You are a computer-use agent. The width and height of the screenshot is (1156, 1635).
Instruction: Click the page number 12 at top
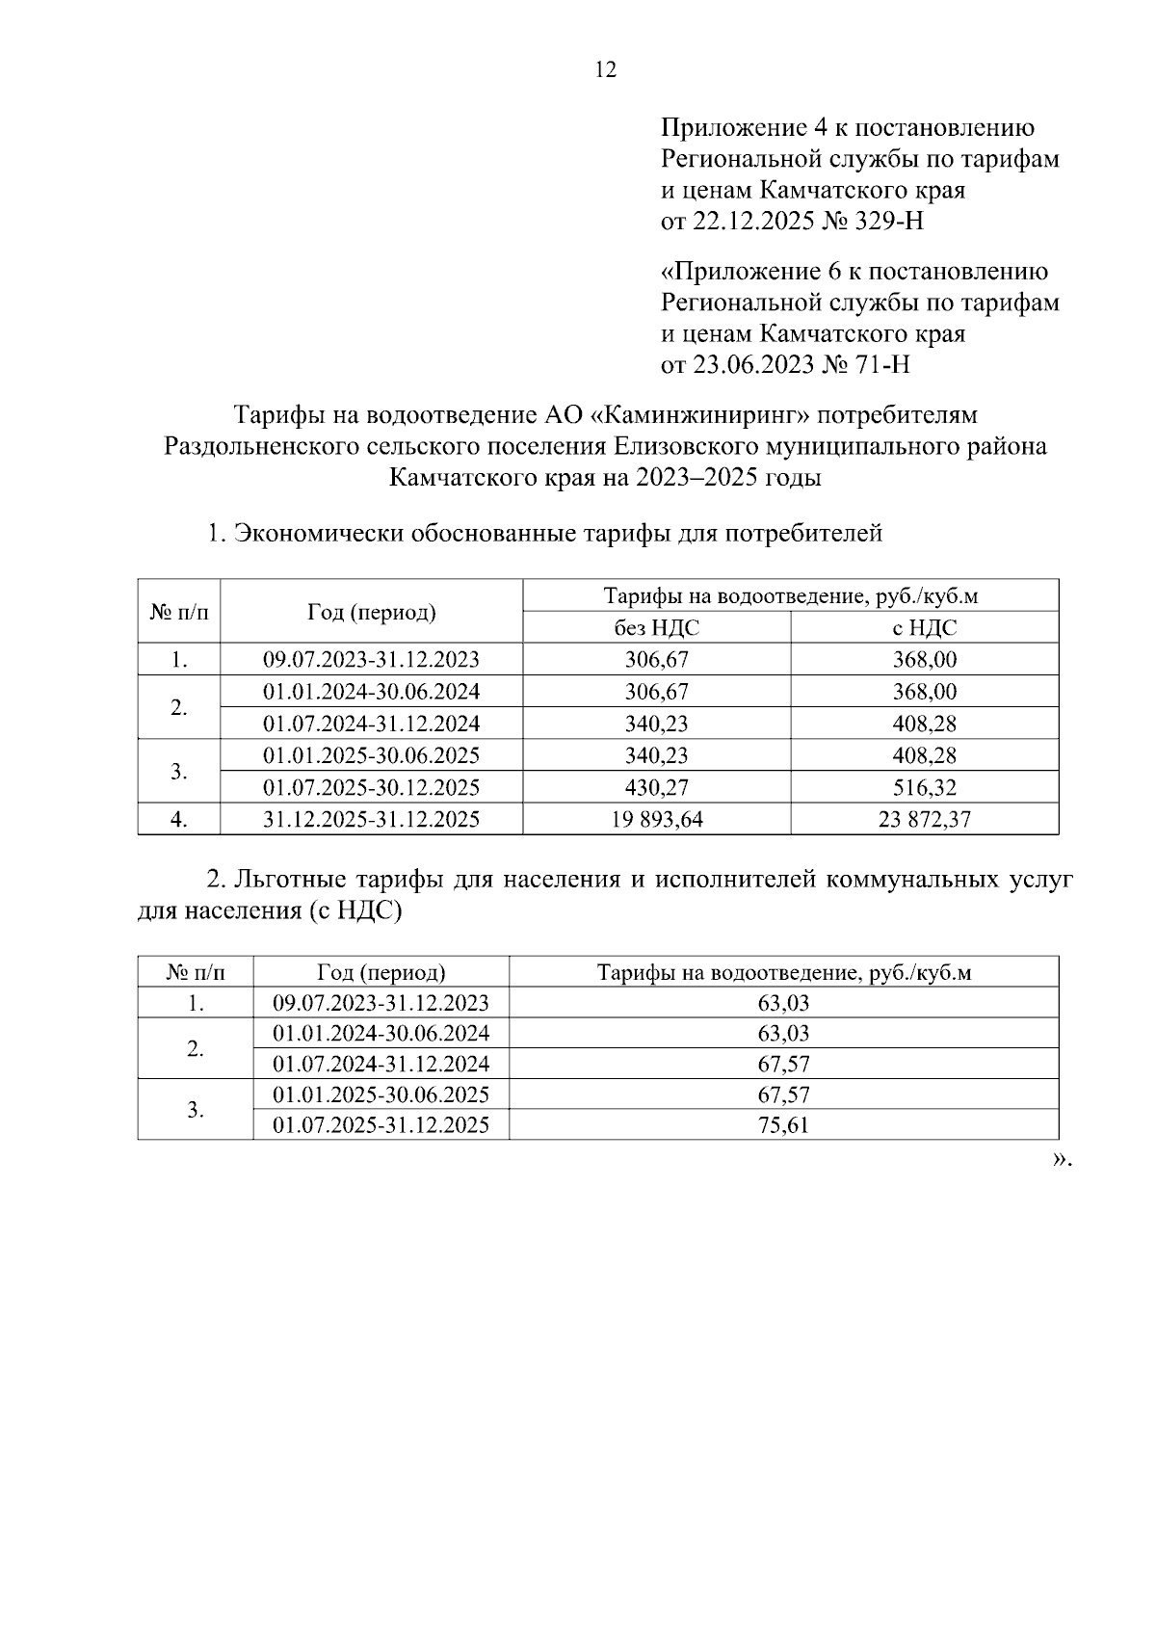606,70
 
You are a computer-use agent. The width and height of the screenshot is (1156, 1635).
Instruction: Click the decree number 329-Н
889,222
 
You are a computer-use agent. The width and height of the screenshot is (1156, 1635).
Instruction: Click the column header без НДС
656,628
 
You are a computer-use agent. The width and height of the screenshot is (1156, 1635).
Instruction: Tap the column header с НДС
924,628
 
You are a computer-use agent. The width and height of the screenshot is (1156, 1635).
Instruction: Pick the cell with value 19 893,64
656,819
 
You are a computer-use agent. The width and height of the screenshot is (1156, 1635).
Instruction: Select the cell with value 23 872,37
924,819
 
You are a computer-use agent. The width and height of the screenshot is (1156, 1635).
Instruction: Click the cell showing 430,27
656,787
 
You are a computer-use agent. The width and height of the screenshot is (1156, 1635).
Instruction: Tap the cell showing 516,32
924,787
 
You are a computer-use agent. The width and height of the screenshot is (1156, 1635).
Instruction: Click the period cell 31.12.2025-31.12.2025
371,819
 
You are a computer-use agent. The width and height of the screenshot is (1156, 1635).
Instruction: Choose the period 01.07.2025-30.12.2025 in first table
371,787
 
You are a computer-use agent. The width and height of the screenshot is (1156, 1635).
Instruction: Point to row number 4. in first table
178,819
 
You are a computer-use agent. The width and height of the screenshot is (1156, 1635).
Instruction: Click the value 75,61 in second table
783,1125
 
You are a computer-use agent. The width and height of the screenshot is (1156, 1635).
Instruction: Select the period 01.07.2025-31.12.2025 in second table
381,1125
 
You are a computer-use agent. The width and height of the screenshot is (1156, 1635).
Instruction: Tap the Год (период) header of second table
381,972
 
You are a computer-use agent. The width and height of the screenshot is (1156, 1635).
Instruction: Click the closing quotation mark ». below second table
1061,1160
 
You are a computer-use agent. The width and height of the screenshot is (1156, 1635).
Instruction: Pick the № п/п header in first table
178,611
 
